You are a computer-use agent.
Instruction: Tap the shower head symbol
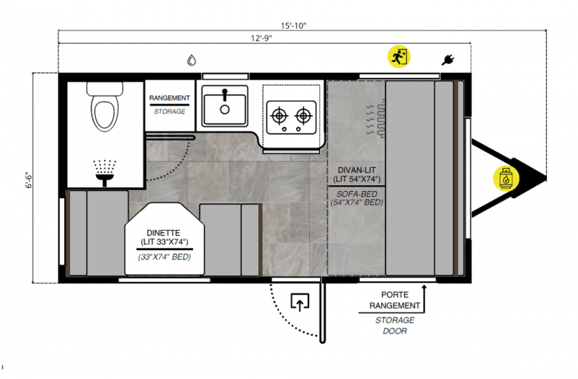[106, 169]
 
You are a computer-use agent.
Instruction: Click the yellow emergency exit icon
[398, 56]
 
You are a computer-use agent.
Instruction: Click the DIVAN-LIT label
[356, 170]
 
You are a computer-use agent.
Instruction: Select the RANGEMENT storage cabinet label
[170, 98]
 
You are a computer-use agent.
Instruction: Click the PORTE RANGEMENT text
[395, 300]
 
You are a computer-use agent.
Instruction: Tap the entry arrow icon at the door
[299, 302]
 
